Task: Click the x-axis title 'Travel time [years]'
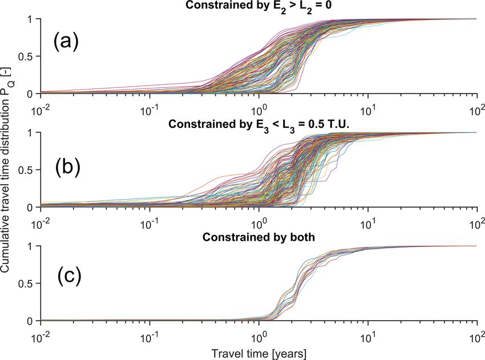coord(259,346)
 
